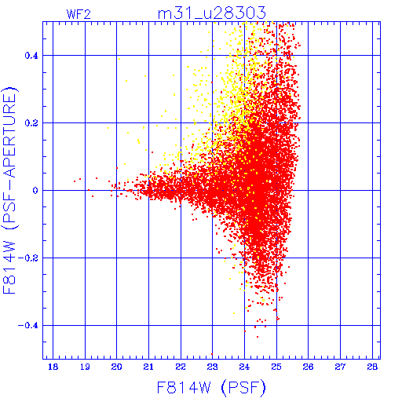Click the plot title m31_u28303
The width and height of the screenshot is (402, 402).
coord(212,13)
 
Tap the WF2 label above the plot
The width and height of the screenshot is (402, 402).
coord(79,14)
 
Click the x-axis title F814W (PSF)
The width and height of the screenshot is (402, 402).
coord(211,388)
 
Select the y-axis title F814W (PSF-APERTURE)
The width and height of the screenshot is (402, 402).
coord(10,190)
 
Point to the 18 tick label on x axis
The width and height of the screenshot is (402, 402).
coord(53,367)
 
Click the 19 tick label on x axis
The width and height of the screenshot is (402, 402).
coord(85,367)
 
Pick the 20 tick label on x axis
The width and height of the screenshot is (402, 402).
coord(117,367)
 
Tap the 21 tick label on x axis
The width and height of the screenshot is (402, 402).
coord(148,367)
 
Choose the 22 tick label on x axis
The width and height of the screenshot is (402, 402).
coord(181,367)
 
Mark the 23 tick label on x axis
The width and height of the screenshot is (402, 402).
coord(212,367)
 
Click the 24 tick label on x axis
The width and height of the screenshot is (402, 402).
coord(244,367)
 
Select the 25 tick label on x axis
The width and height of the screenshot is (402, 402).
coord(276,367)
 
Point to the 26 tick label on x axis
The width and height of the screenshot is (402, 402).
coord(308,367)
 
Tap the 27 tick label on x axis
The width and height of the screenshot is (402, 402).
coord(340,367)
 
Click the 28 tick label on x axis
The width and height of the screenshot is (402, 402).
coord(372,367)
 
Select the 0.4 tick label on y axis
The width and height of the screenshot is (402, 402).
coord(31,56)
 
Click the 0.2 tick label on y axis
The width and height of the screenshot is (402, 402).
coord(31,123)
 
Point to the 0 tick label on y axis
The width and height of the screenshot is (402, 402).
coord(35,191)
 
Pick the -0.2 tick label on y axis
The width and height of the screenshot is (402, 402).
coord(28,258)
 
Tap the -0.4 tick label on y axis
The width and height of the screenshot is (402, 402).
coord(28,326)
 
